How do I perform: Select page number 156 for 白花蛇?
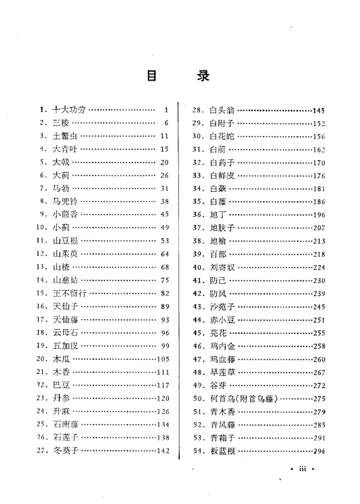click(x=319, y=136)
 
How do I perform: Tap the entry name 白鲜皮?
click(x=221, y=175)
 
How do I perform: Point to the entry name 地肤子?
click(x=221, y=228)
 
